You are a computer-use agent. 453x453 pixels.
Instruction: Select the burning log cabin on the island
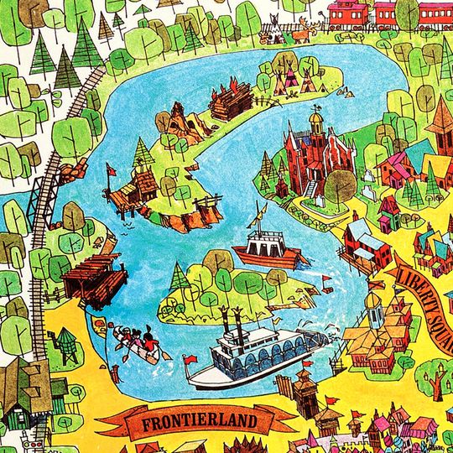[231, 99]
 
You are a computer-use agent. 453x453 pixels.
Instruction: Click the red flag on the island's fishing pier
[112, 170]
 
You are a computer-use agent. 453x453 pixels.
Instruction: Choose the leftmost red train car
[347, 13]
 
